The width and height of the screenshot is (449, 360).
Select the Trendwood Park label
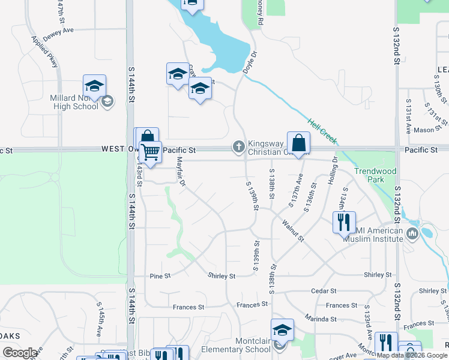(x=375, y=175)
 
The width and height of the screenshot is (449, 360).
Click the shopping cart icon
(x=150, y=152)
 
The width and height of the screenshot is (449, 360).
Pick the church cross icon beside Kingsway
(x=238, y=146)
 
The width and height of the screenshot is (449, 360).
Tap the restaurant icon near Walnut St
(x=344, y=222)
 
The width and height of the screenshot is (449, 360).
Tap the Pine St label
(x=160, y=276)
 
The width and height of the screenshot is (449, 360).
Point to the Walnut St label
(x=293, y=230)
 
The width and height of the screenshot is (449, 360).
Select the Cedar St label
(x=324, y=291)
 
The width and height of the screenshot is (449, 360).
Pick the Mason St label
(x=423, y=130)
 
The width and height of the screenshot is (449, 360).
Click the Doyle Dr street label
(x=250, y=62)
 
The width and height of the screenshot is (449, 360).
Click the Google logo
(x=20, y=353)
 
